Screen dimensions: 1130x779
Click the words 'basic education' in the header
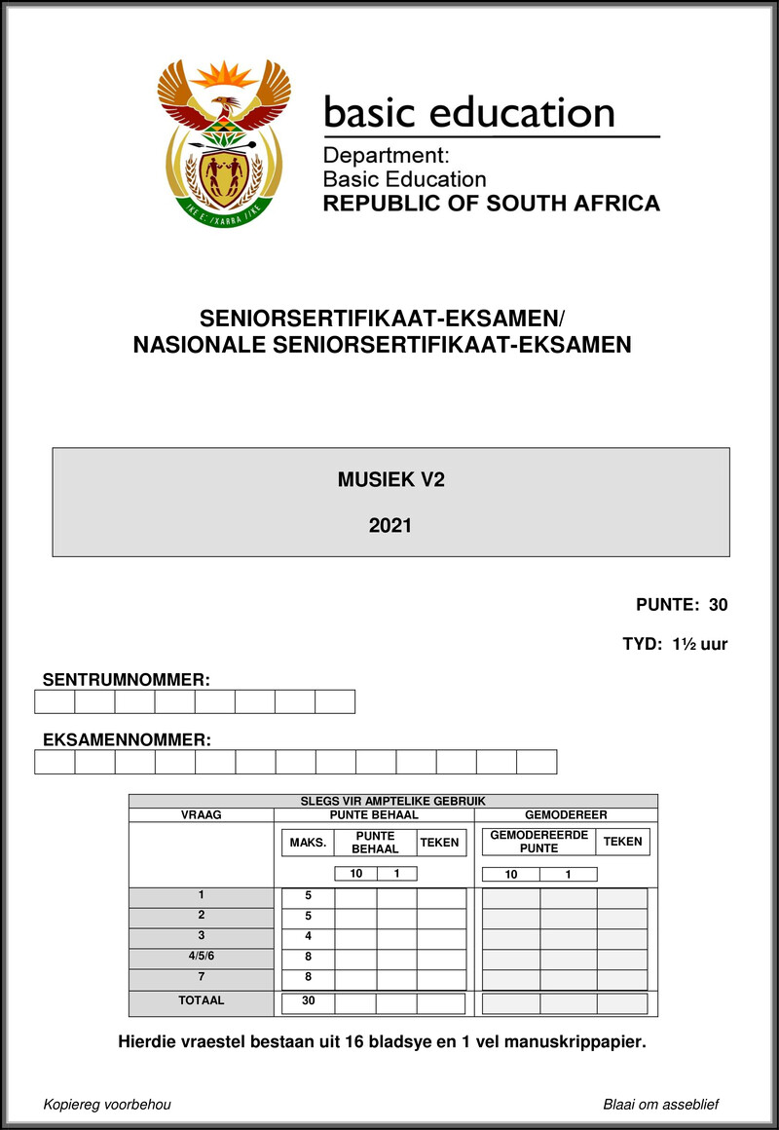[x=468, y=114]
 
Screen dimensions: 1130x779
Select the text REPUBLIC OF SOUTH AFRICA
[x=491, y=204]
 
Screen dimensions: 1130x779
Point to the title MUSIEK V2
[x=390, y=478]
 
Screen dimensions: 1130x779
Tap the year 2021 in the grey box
[x=390, y=525]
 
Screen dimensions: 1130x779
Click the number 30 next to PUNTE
[x=719, y=605]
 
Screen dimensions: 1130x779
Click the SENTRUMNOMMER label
[x=127, y=679]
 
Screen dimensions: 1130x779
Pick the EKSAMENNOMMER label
[x=127, y=739]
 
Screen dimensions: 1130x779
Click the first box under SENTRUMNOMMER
[x=55, y=701]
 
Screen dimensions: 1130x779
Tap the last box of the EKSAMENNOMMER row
[x=536, y=762]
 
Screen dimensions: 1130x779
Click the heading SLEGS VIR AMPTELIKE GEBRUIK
[x=393, y=801]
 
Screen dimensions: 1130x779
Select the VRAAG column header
[x=202, y=814]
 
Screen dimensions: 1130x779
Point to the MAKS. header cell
[x=307, y=843]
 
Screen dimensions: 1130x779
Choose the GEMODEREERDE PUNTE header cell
[x=538, y=843]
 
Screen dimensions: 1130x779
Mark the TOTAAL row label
[x=202, y=1000]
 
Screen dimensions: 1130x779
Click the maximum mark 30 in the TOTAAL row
[x=308, y=1001]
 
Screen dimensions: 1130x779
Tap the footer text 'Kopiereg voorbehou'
[x=107, y=1105]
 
